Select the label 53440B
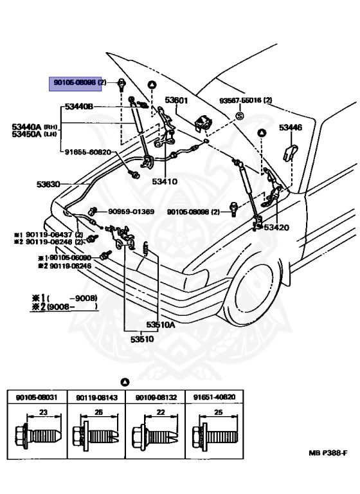pyautogui.click(x=78, y=107)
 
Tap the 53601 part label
pyautogui.click(x=175, y=100)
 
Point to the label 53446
pyautogui.click(x=290, y=128)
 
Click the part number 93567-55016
pyautogui.click(x=245, y=100)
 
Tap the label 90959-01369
pyautogui.click(x=131, y=211)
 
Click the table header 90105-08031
pyautogui.click(x=33, y=398)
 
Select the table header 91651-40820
pyautogui.click(x=211, y=398)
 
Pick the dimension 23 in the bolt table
pyautogui.click(x=37, y=412)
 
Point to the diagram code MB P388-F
pyautogui.click(x=327, y=453)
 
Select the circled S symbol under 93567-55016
pyautogui.click(x=239, y=115)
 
